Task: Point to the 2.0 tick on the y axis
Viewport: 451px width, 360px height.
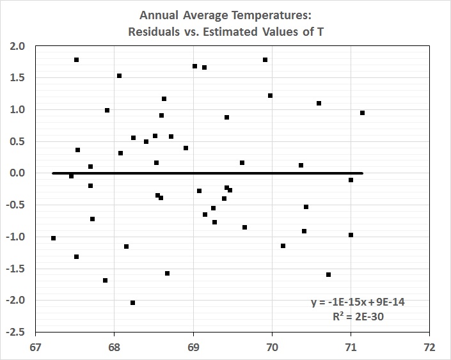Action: [18, 46]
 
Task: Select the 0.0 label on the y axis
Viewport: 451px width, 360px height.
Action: [18, 173]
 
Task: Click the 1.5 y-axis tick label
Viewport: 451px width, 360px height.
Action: [18, 78]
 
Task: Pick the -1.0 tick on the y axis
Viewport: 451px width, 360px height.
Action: [16, 237]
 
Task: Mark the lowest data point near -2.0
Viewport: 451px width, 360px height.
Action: [132, 302]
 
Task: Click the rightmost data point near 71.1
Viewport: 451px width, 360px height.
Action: [362, 113]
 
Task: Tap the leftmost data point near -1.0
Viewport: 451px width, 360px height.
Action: [53, 238]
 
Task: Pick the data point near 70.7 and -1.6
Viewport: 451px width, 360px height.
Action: [328, 274]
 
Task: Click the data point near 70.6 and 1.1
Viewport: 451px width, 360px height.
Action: [319, 103]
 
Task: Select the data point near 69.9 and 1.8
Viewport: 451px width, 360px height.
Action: [265, 59]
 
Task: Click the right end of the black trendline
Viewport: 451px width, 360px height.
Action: [362, 173]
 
